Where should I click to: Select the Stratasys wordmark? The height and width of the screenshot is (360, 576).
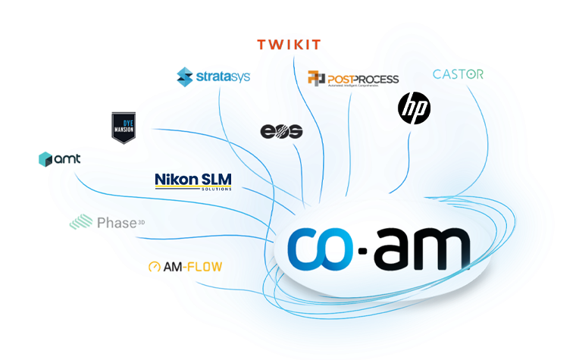point(224,77)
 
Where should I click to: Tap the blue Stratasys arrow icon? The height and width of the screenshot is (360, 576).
point(186,76)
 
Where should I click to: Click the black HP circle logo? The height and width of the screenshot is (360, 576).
point(415,108)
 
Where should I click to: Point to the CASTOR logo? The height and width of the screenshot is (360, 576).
point(458,74)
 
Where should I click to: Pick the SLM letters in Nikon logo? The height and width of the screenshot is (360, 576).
point(216,179)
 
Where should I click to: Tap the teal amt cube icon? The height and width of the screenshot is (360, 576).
point(45,159)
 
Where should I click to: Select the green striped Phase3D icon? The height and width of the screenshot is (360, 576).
point(81,222)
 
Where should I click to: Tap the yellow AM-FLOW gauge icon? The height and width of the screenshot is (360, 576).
point(155,268)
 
